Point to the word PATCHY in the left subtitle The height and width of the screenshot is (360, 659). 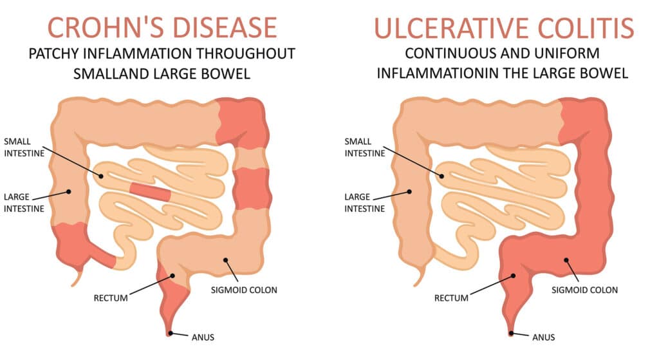pos(54,54)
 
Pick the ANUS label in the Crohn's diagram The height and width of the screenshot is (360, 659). pos(203,337)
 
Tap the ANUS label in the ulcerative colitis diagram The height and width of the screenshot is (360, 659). pos(543,337)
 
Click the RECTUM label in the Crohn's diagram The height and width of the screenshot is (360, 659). pos(111,298)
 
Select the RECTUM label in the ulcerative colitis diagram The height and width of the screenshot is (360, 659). pos(451,298)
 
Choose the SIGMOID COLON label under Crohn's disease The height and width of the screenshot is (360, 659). pos(244,290)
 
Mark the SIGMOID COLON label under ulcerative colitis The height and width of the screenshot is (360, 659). pos(584,290)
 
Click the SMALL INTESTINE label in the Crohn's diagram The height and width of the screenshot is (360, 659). pos(24,147)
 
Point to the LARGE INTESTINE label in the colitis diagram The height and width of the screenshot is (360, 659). pos(365,203)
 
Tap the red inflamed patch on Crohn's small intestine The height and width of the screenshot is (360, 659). pos(150,191)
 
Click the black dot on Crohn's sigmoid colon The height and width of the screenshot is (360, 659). pos(226,260)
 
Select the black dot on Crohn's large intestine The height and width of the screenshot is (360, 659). pos(69,192)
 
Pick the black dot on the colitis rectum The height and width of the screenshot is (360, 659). pos(513,276)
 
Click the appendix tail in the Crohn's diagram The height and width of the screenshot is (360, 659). pos(77,276)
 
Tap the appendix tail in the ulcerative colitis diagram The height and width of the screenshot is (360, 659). pos(418,276)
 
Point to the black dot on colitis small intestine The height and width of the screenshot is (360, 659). pos(441,176)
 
